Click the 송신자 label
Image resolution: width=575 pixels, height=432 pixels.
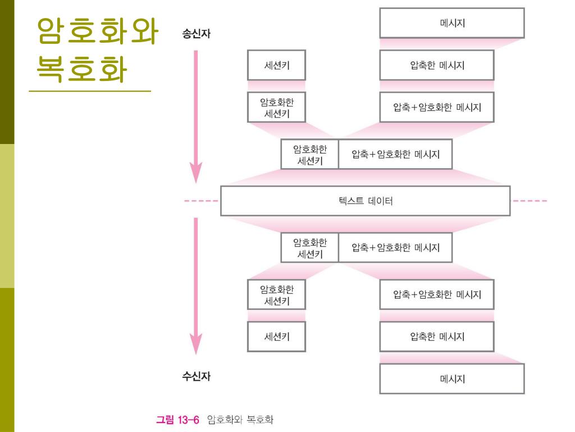tap(197, 34)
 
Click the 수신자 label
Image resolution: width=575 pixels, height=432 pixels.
tap(197, 376)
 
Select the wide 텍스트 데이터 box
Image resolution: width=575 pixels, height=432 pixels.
tap(365, 201)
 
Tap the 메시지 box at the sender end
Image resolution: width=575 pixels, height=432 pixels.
tap(452, 23)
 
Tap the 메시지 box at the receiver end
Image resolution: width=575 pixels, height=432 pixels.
tap(452, 379)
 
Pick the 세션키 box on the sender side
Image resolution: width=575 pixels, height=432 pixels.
tap(277, 65)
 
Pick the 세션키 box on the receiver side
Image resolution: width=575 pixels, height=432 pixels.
tap(277, 337)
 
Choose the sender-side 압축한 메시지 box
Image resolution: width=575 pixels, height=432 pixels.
tap(437, 65)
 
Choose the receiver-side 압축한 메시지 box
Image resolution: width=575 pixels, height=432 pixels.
tap(437, 337)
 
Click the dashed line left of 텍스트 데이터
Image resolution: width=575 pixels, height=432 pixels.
tap(202, 201)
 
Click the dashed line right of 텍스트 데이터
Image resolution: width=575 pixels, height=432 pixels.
tap(529, 201)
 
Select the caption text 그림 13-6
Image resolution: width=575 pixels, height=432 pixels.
tap(177, 420)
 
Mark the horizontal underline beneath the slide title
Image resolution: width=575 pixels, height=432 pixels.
tap(90, 91)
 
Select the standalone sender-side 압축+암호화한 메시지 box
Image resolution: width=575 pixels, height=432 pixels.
tap(437, 107)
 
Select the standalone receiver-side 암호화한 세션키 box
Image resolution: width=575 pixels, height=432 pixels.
tap(277, 295)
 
